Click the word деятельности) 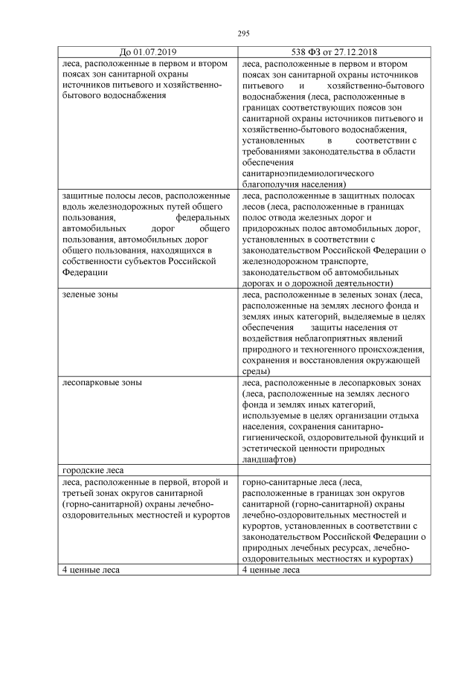click(356, 283)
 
